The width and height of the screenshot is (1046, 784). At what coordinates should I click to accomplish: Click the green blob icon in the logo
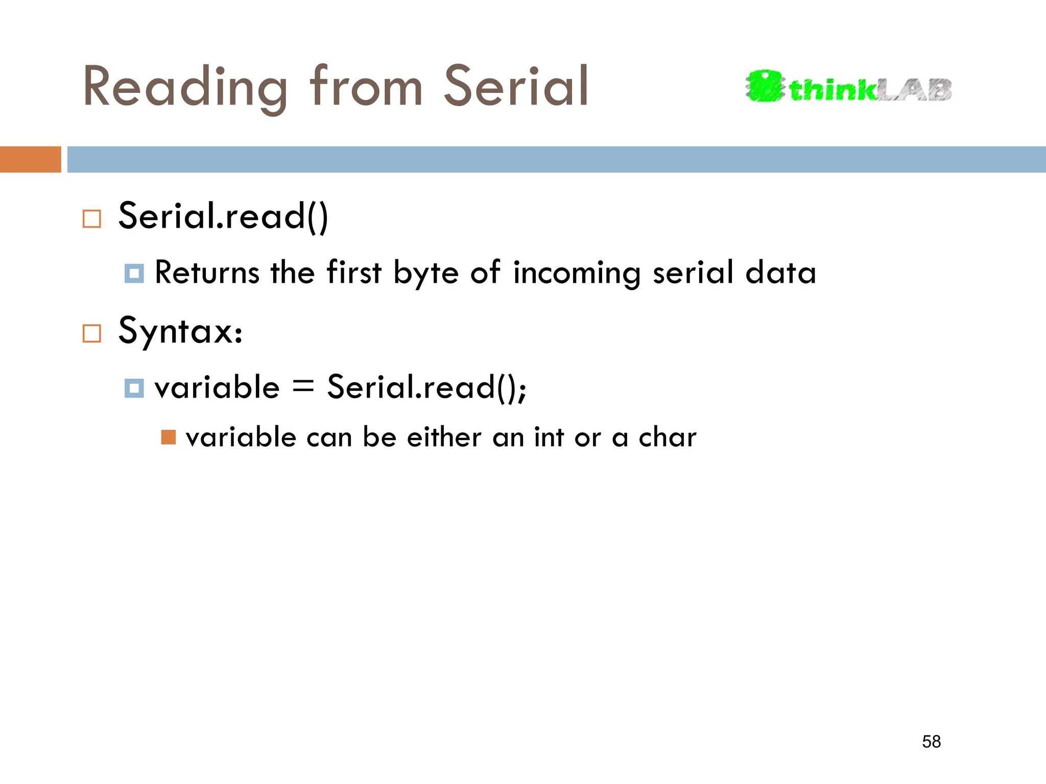pos(764,86)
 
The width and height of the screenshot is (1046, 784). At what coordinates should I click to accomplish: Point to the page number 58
pos(931,742)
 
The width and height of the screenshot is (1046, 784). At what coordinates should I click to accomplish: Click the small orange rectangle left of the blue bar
pos(30,159)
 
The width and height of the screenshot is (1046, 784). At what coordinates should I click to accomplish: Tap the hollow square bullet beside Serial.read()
pos(92,219)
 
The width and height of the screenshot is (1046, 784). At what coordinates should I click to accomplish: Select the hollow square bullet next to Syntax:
pos(92,334)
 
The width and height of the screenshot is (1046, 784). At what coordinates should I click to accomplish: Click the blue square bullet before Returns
pos(134,274)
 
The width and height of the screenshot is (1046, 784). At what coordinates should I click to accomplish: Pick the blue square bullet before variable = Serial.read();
pos(134,388)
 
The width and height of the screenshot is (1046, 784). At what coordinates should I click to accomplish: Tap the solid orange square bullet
pos(168,437)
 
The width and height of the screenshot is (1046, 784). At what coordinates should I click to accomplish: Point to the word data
pos(780,273)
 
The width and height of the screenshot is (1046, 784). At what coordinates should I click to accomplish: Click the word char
pos(667,437)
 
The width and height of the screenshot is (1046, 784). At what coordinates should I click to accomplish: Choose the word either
pos(444,437)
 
